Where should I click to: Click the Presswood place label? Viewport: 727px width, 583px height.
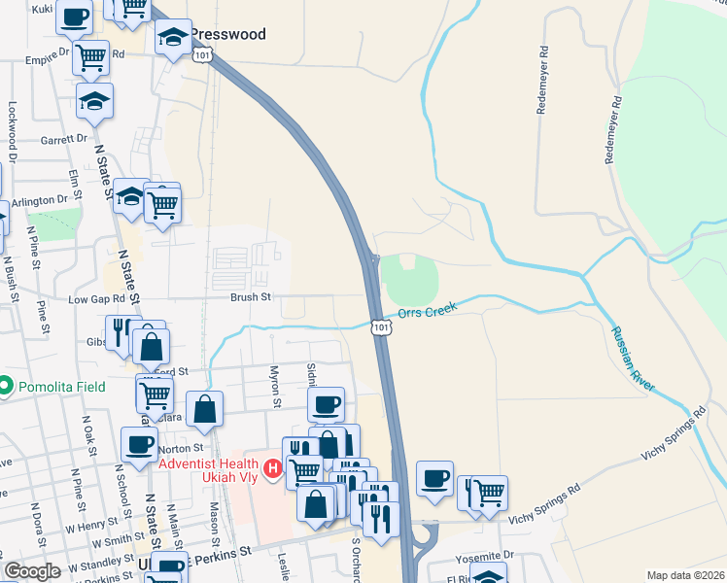[x=227, y=34]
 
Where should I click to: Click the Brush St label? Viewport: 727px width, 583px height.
[x=249, y=298]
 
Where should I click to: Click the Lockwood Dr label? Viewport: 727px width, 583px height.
[x=13, y=131]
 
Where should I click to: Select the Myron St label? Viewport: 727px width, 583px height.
[x=275, y=387]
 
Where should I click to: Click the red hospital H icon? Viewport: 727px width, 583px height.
[x=274, y=470]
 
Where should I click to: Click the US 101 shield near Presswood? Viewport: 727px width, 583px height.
[x=201, y=57]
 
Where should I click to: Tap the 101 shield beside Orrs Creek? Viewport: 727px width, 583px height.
[x=381, y=328]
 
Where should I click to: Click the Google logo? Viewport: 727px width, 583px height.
[x=32, y=571]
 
